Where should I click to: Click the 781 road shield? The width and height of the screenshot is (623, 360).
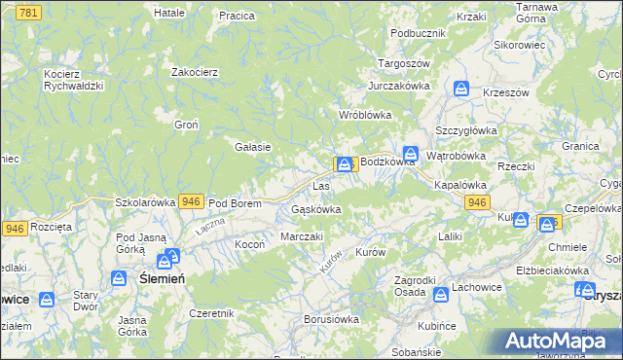tap(28, 12)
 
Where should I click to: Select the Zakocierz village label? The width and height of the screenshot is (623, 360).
tap(194, 72)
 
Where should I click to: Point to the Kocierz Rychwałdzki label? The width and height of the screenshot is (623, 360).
tap(73, 79)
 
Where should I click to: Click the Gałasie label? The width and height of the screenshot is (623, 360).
tap(252, 147)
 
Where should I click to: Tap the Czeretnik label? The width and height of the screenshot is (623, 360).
tap(212, 313)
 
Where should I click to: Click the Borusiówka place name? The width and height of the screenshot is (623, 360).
tap(331, 318)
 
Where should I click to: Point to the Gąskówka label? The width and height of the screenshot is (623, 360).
tap(315, 209)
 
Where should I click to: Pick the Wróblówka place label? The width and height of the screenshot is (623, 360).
tap(364, 115)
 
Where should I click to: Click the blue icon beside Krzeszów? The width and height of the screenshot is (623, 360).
tap(460, 89)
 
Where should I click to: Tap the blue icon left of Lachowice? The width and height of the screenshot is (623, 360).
tap(439, 293)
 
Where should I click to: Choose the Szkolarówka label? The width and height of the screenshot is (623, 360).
tap(145, 202)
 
